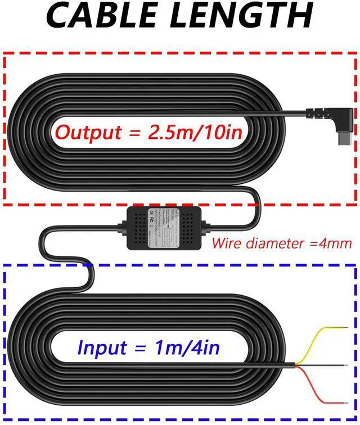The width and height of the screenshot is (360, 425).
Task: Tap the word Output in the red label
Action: (89, 133)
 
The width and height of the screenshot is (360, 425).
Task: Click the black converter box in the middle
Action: (164, 228)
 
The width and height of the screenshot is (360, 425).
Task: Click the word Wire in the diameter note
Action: (226, 243)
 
